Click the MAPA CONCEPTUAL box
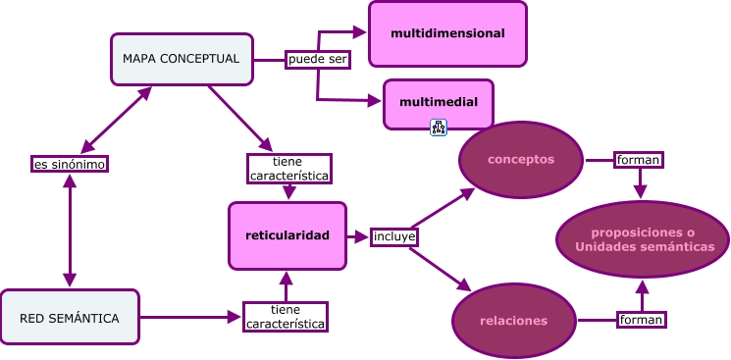pos(182,59)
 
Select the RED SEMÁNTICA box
pos(70,318)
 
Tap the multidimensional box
pos(447,33)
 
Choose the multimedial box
pos(438,103)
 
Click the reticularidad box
pos(287,235)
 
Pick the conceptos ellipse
pos(521,159)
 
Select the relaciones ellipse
pos(513,321)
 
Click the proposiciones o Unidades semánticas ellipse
pos(643,239)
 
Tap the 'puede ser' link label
pos(318,59)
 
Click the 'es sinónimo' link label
pos(69,164)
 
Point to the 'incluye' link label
pos(394,236)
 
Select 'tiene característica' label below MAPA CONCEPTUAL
pos(287,169)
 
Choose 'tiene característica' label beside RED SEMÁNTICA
pos(286,317)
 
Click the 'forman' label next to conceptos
pos(638,159)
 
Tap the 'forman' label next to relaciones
pos(642,319)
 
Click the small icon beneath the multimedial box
pos(439,128)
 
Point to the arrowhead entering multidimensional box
pos(360,32)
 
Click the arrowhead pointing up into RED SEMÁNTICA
pos(69,280)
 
